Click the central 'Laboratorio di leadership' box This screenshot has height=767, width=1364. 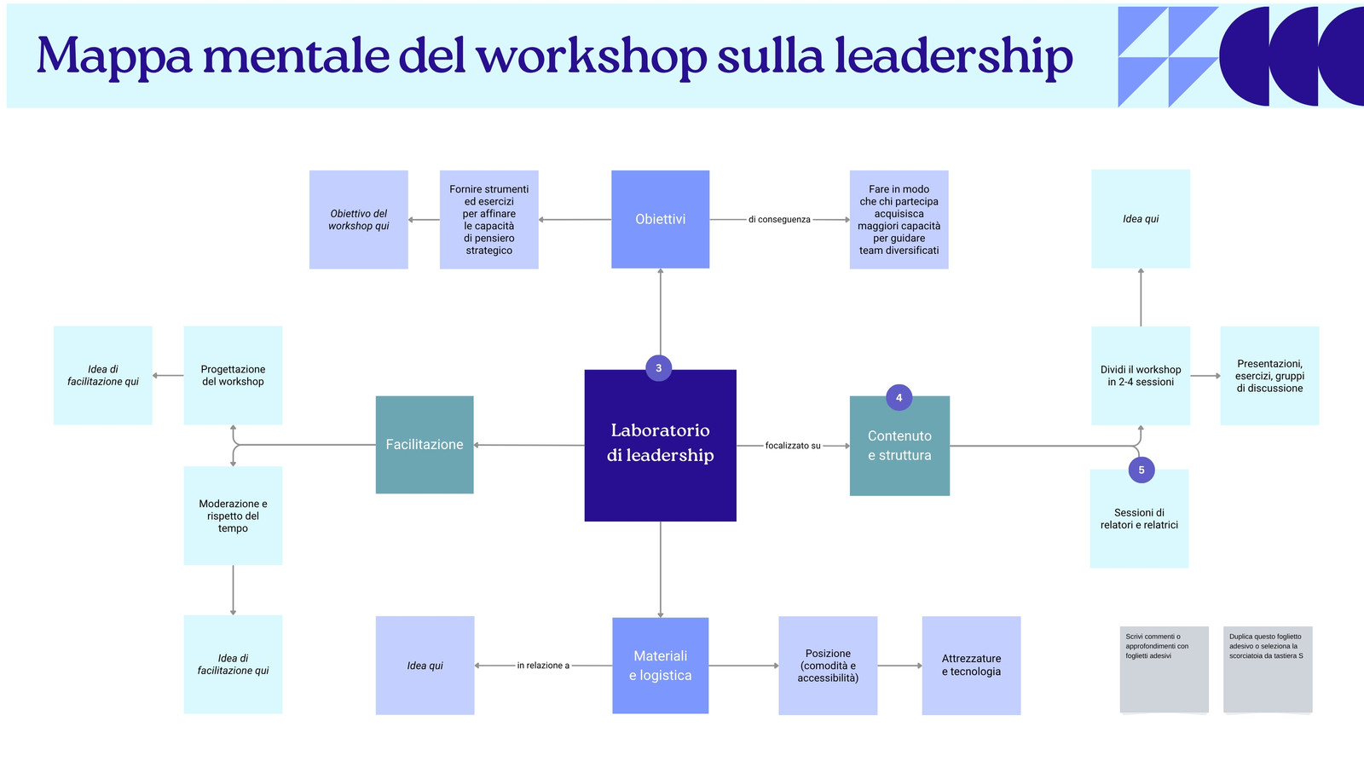pos(660,445)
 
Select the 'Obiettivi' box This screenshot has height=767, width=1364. pos(660,219)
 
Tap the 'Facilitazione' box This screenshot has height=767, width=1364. pos(425,444)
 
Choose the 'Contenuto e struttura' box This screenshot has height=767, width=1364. pos(899,446)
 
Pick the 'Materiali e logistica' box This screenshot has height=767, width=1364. pos(660,666)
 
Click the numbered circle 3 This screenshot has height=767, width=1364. pos(658,367)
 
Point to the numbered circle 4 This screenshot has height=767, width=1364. pos(899,397)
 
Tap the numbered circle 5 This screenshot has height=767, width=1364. pos(1141,470)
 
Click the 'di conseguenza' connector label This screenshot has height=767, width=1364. pos(779,219)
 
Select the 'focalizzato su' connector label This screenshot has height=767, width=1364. pos(793,446)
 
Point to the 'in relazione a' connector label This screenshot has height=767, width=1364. pos(543,666)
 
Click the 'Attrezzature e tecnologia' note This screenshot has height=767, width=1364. pos(971,666)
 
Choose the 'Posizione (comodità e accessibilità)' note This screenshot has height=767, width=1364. pos(828,666)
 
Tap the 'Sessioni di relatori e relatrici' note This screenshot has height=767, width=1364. pos(1139,519)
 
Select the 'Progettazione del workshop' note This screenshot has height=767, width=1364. pos(234,375)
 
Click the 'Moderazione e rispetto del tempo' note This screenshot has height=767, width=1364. pos(234,516)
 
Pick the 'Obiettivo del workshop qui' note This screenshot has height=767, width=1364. pos(359,220)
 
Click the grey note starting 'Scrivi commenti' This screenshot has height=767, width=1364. pos(1165,669)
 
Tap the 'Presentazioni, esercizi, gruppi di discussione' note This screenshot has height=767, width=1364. pos(1269,376)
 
